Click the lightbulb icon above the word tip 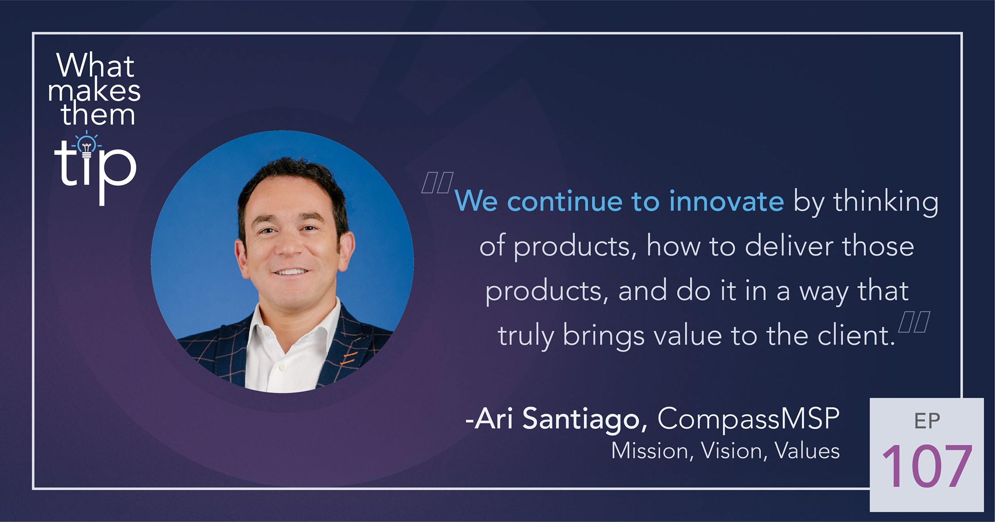[x=86, y=145]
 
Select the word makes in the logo [x=94, y=90]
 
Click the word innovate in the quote [x=726, y=201]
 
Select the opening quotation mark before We [x=437, y=183]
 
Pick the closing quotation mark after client [x=914, y=321]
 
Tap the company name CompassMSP [x=748, y=419]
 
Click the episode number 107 [x=927, y=467]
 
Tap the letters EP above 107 [x=927, y=421]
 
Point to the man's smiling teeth [x=291, y=272]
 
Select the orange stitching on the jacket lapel [x=348, y=358]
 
